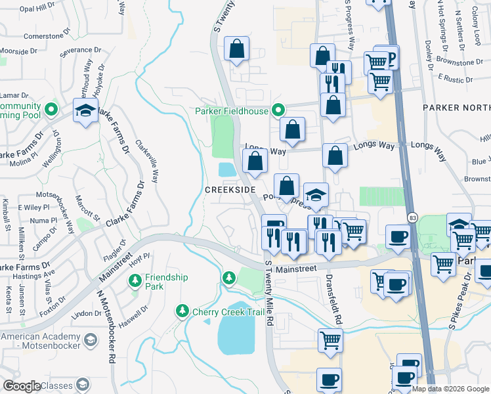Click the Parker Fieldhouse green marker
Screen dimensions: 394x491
[x=278, y=110]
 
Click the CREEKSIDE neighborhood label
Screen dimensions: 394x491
[x=230, y=188]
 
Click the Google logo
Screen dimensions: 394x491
[x=22, y=386]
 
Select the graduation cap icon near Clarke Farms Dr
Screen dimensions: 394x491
[x=85, y=111]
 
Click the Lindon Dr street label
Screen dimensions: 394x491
[x=86, y=314]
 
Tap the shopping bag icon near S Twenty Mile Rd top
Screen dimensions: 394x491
[x=236, y=49]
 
